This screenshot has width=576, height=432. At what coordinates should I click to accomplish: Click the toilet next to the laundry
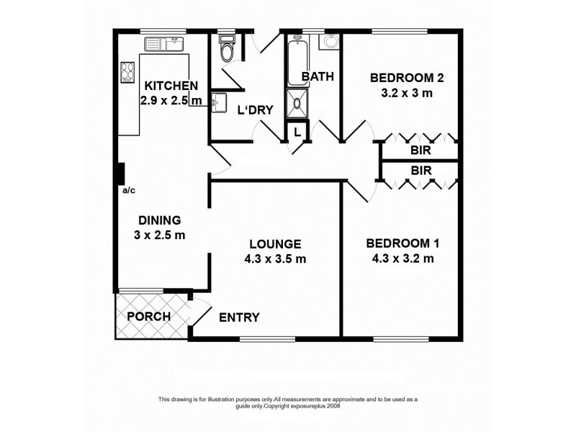(x=226, y=48)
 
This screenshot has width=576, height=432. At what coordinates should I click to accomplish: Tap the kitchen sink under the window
(x=164, y=44)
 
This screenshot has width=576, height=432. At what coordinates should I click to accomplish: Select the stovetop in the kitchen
(x=127, y=73)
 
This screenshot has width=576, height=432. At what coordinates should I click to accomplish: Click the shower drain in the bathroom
(x=297, y=103)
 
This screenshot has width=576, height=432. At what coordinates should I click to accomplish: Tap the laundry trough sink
(x=219, y=102)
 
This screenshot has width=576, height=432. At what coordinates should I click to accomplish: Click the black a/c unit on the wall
(x=120, y=174)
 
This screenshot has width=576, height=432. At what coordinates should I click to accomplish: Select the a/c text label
(x=129, y=190)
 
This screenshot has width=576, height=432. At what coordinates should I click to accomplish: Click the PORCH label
(x=149, y=316)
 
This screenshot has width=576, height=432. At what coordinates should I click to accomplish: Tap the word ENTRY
(x=239, y=317)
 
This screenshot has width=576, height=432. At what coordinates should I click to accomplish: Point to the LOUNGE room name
(x=275, y=244)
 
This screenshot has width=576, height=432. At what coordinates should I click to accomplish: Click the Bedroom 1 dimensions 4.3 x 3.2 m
(x=403, y=258)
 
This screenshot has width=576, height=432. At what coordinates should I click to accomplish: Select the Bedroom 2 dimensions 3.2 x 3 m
(x=407, y=93)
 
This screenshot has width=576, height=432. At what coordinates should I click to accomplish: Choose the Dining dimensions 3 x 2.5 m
(x=159, y=235)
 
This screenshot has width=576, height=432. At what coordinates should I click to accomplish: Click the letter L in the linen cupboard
(x=297, y=132)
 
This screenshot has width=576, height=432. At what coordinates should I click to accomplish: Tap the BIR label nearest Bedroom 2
(x=420, y=150)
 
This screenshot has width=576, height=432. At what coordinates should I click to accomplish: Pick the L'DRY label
(x=256, y=110)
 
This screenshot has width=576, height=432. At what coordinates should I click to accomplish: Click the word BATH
(x=318, y=76)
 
